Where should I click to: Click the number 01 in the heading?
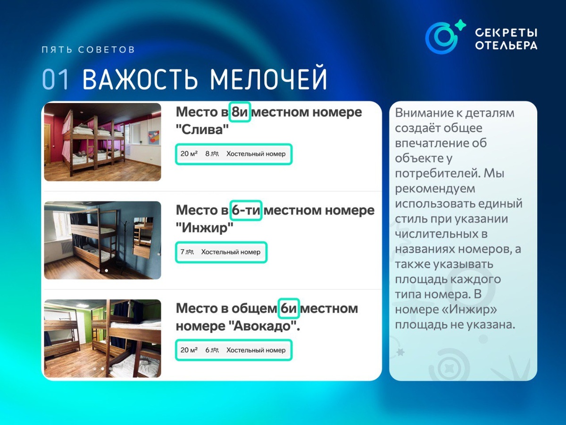pos(55,79)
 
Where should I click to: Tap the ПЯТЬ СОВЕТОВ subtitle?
pos(88,50)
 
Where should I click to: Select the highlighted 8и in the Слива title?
pos(240,112)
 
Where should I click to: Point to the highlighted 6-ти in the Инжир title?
pos(246,210)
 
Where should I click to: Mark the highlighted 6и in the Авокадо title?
pos(289,308)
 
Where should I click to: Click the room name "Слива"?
pos(202,129)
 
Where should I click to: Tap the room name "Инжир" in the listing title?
pos(205,228)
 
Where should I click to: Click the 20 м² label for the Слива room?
pos(189,154)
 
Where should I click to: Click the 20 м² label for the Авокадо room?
pos(189,350)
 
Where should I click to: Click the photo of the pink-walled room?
pos(103,142)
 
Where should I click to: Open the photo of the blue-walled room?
pos(103,240)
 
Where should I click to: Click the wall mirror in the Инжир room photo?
pos(142,237)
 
